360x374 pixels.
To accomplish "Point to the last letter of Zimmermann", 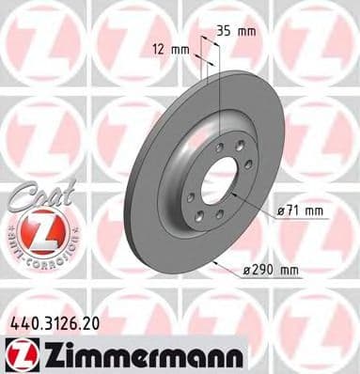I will (x=236, y=354).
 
